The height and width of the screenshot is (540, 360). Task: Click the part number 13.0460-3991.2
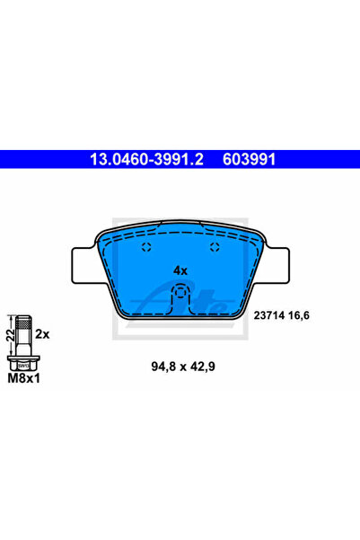pyautogui.click(x=146, y=159)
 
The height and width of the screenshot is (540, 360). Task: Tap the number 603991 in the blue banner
pyautogui.click(x=250, y=159)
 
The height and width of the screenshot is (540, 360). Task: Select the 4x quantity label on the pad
pyautogui.click(x=180, y=270)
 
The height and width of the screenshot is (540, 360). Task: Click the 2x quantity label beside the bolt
pyautogui.click(x=42, y=334)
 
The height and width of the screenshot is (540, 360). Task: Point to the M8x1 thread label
pyautogui.click(x=23, y=378)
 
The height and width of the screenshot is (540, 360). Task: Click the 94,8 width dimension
pyautogui.click(x=163, y=367)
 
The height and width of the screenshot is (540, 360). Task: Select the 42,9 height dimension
pyautogui.click(x=203, y=367)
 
